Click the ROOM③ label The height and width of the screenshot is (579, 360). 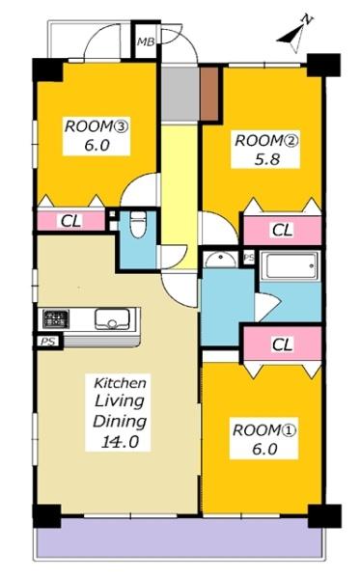(x=96, y=126)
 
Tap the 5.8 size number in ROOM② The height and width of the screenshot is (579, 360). (x=266, y=159)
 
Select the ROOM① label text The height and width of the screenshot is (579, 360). (x=264, y=430)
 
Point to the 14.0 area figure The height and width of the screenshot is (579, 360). (x=120, y=441)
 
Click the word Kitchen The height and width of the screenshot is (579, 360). (x=120, y=383)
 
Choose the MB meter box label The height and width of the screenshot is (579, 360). (x=146, y=42)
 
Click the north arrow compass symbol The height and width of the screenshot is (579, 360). (x=294, y=34)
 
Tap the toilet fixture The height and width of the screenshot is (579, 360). (x=138, y=225)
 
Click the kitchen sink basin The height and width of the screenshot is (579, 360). (x=112, y=318)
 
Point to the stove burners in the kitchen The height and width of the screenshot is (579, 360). (x=55, y=318)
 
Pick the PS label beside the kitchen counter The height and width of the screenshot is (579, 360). (x=48, y=342)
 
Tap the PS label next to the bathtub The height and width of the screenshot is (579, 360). (x=249, y=258)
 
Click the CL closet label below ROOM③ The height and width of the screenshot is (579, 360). (x=70, y=222)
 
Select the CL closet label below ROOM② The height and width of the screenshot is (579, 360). (x=282, y=230)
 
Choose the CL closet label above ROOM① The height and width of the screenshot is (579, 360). (x=282, y=345)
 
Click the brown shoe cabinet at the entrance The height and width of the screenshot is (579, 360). (x=209, y=94)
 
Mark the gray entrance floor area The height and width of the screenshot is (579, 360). (x=180, y=94)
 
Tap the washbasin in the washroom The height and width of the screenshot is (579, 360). (x=221, y=260)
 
